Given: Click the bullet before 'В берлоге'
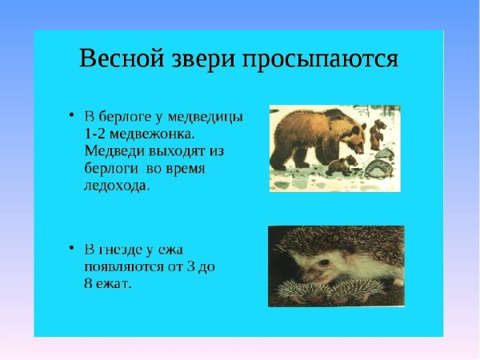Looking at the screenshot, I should (x=72, y=115).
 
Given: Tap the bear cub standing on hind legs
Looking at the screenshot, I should (x=378, y=134).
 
